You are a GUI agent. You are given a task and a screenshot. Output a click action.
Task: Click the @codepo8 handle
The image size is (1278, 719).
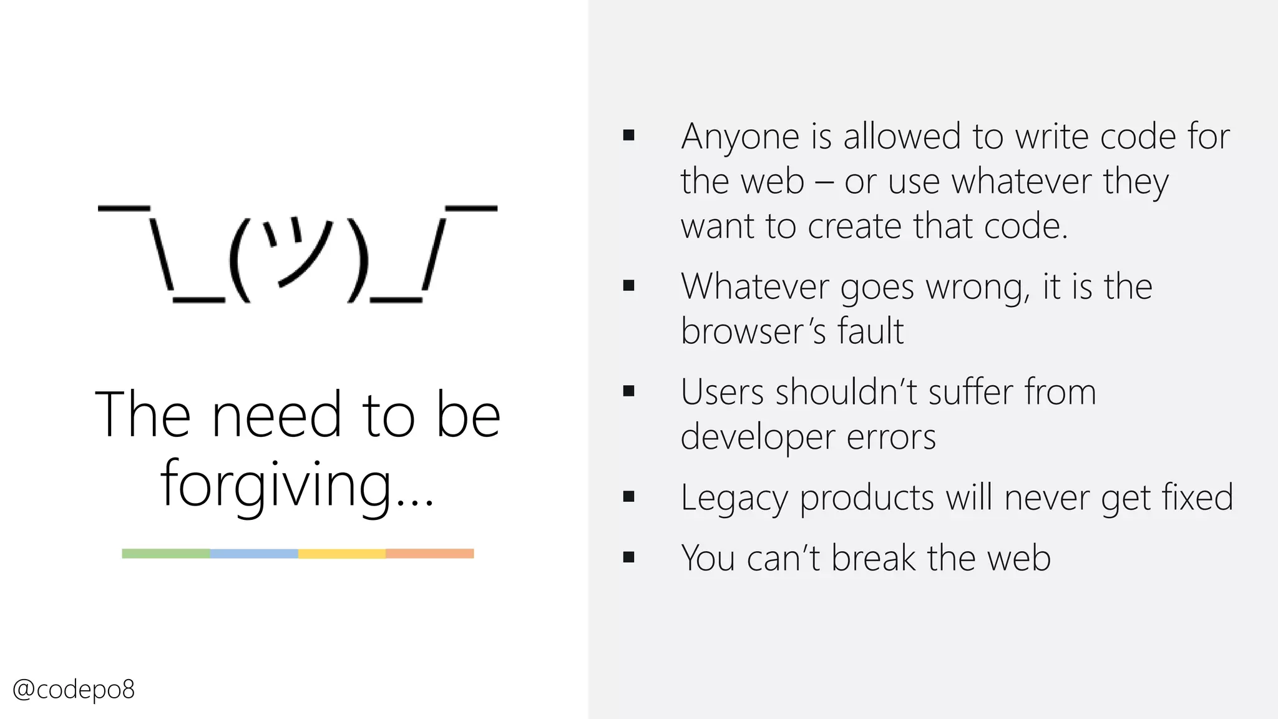click(x=74, y=690)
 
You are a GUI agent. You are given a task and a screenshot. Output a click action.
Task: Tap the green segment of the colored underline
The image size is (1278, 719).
click(x=166, y=554)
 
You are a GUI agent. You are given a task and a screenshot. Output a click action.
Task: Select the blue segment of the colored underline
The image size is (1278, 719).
click(x=254, y=554)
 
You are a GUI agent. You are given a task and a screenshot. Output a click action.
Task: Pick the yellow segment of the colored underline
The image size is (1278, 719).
click(x=342, y=554)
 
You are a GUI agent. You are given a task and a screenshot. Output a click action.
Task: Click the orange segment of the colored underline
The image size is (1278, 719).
click(x=430, y=554)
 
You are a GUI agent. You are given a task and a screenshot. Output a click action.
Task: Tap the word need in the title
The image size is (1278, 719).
click(x=276, y=416)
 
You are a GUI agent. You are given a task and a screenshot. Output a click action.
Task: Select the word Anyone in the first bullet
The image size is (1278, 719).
click(x=740, y=137)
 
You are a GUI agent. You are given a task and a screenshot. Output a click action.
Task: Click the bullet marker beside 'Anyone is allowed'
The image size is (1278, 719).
click(x=628, y=135)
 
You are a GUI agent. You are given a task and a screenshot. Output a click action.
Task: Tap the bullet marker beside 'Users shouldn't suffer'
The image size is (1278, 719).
click(x=628, y=391)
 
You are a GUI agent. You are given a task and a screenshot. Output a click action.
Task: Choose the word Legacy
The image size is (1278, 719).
click(x=734, y=499)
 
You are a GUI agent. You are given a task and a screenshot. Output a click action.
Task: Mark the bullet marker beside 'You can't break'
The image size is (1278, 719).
click(x=628, y=557)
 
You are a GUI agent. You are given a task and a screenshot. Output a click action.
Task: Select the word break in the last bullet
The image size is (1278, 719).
click(x=874, y=558)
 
